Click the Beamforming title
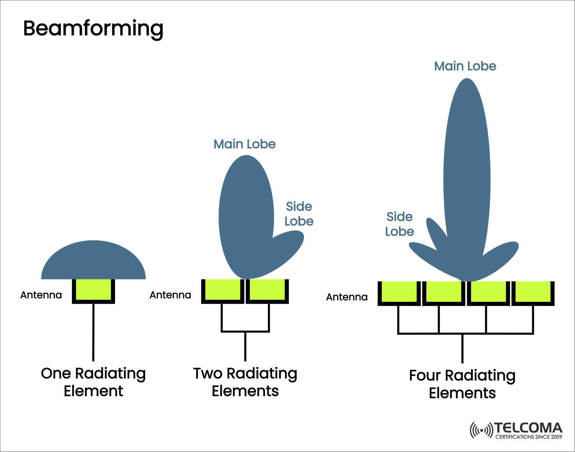[93, 29]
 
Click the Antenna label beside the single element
[41, 295]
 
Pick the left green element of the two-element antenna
[223, 289]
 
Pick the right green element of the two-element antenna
[267, 289]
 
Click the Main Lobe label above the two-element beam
[244, 144]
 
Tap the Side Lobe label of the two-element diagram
[299, 214]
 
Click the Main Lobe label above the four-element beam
[465, 66]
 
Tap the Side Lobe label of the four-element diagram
[400, 224]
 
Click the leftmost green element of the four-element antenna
[399, 291]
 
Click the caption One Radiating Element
[93, 382]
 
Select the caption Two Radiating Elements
[245, 382]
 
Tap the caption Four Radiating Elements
[462, 384]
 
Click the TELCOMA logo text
[528, 427]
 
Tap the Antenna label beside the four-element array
[347, 297]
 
